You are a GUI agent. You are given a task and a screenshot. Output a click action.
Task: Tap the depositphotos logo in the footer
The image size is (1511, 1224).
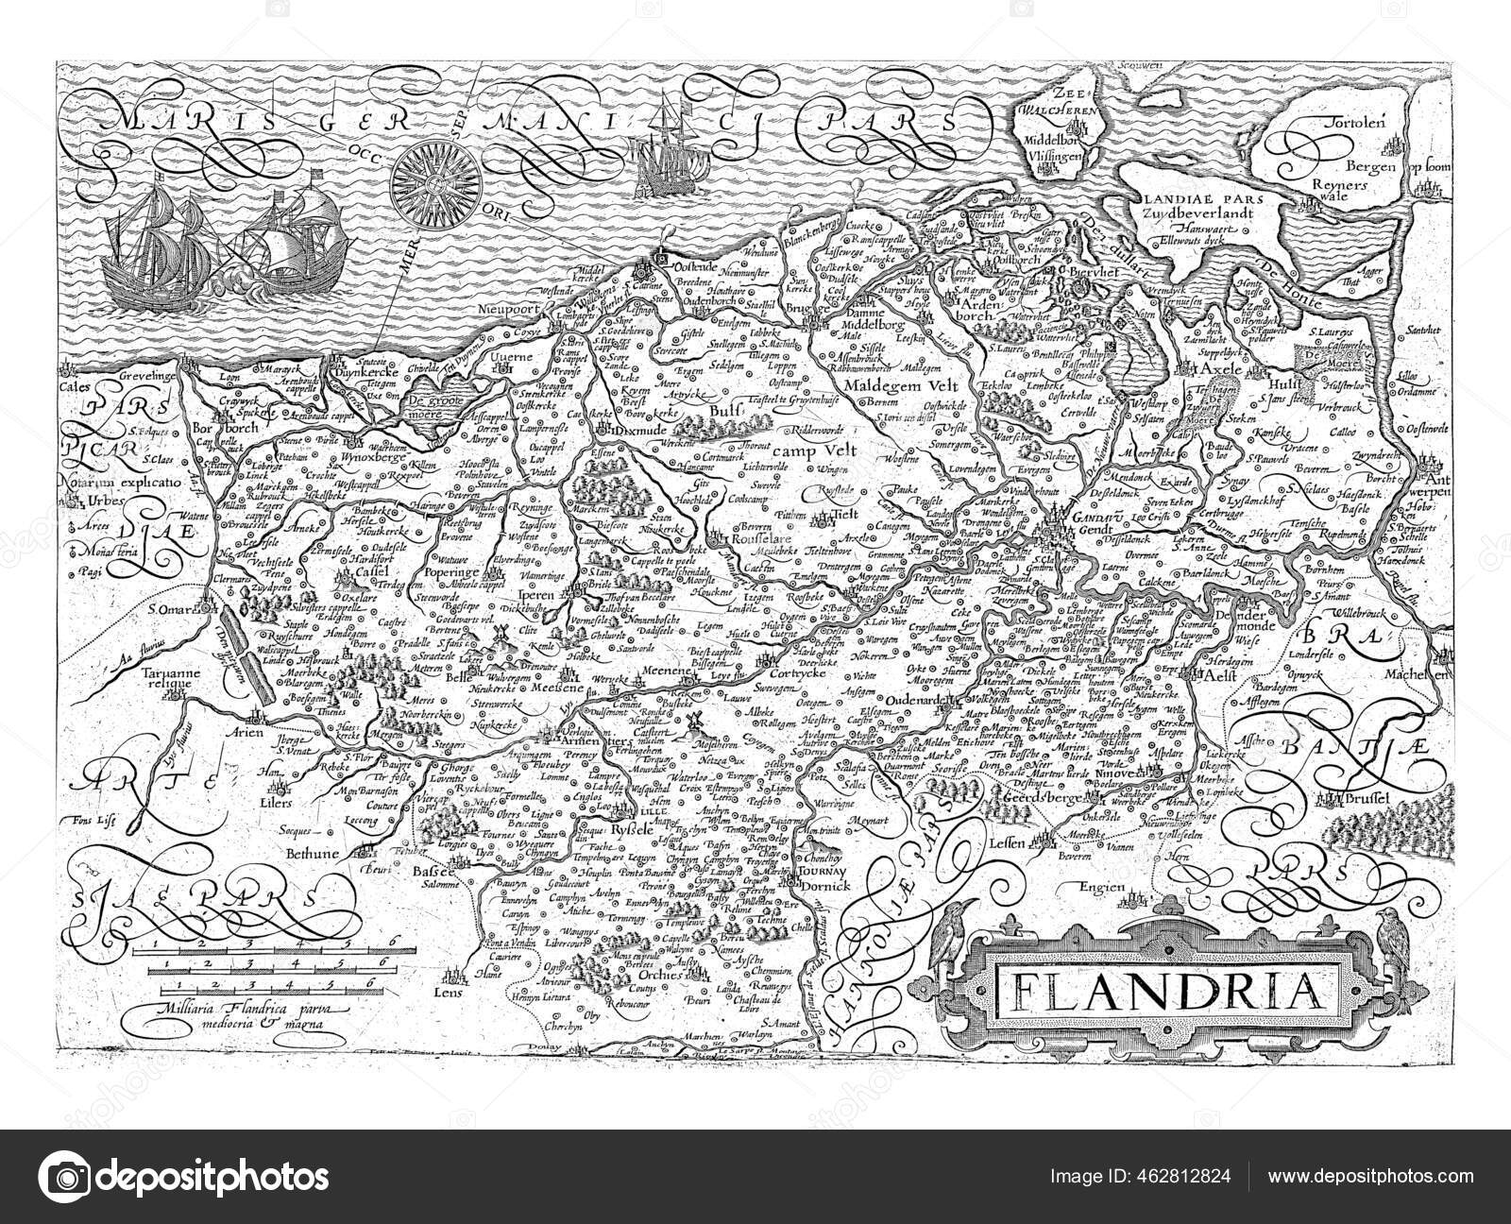coord(184,1177)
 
